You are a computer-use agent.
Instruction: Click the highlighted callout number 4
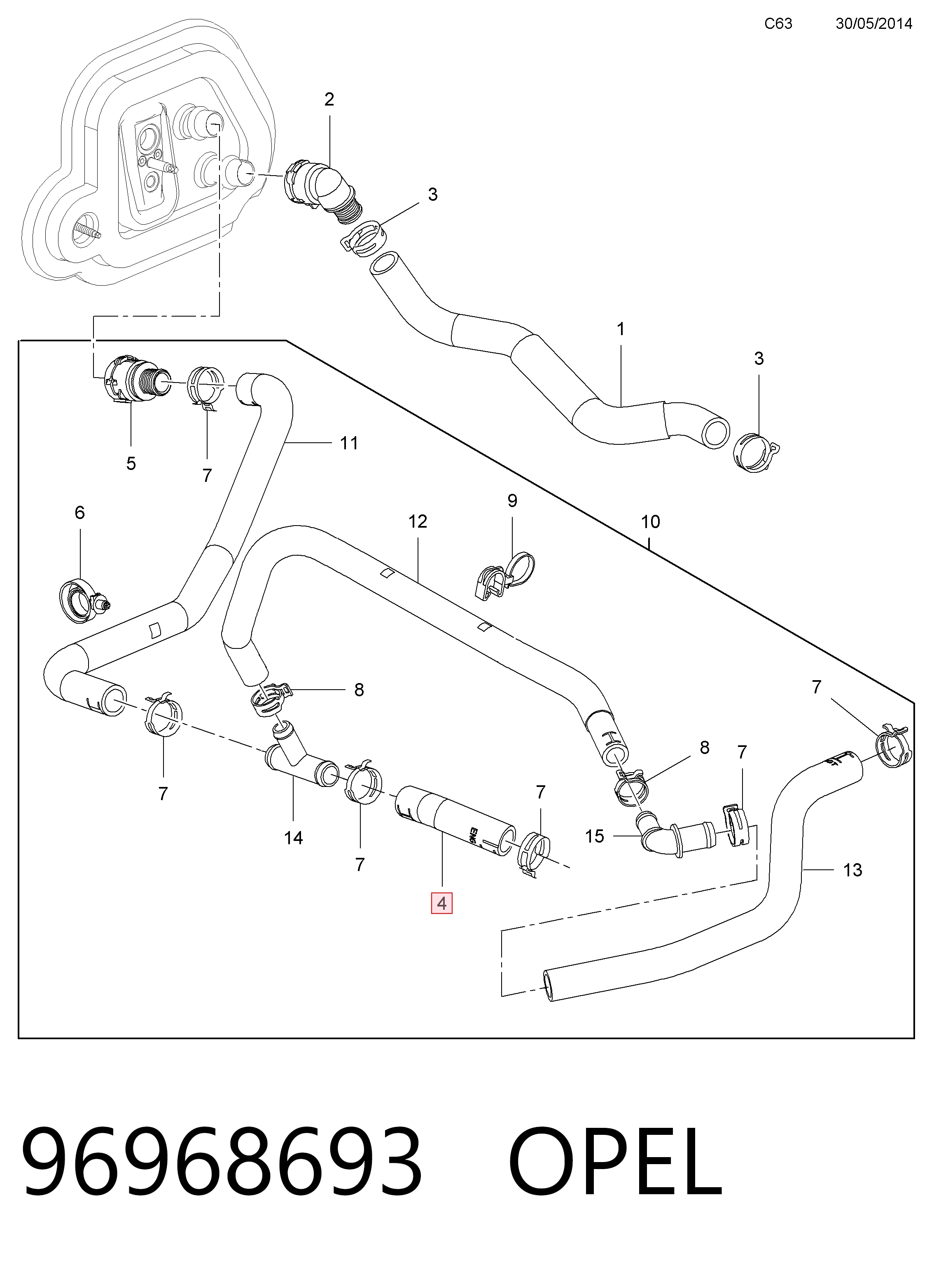pyautogui.click(x=441, y=904)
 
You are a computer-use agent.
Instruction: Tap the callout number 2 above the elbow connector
pyautogui.click(x=329, y=100)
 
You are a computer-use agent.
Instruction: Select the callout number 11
pyautogui.click(x=349, y=443)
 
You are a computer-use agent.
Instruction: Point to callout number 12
pyautogui.click(x=418, y=521)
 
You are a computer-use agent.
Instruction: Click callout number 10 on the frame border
pyautogui.click(x=650, y=522)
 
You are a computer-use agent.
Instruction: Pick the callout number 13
pyautogui.click(x=852, y=870)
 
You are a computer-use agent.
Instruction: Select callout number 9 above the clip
pyautogui.click(x=512, y=501)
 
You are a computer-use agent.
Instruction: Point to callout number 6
pyautogui.click(x=80, y=513)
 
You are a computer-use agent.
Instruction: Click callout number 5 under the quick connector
pyautogui.click(x=131, y=464)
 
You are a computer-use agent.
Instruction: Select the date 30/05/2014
pyautogui.click(x=874, y=24)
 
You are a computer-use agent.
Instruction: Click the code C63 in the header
pyautogui.click(x=778, y=24)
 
